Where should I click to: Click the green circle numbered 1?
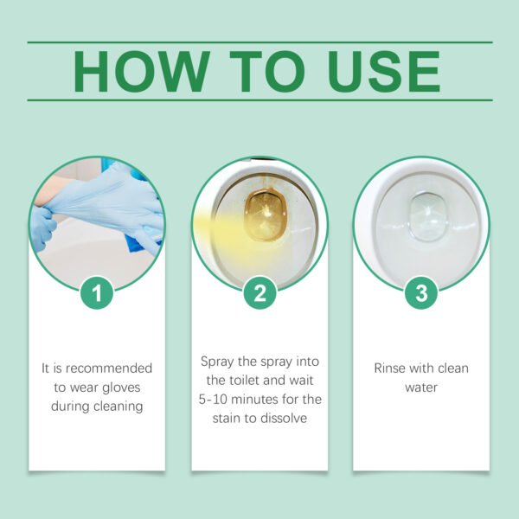tap(97, 293)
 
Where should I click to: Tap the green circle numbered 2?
tap(259, 293)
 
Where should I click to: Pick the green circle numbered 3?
tap(421, 293)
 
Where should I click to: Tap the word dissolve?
tap(289, 418)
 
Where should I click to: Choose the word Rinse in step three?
tap(390, 368)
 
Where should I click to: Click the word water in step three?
tap(421, 387)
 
